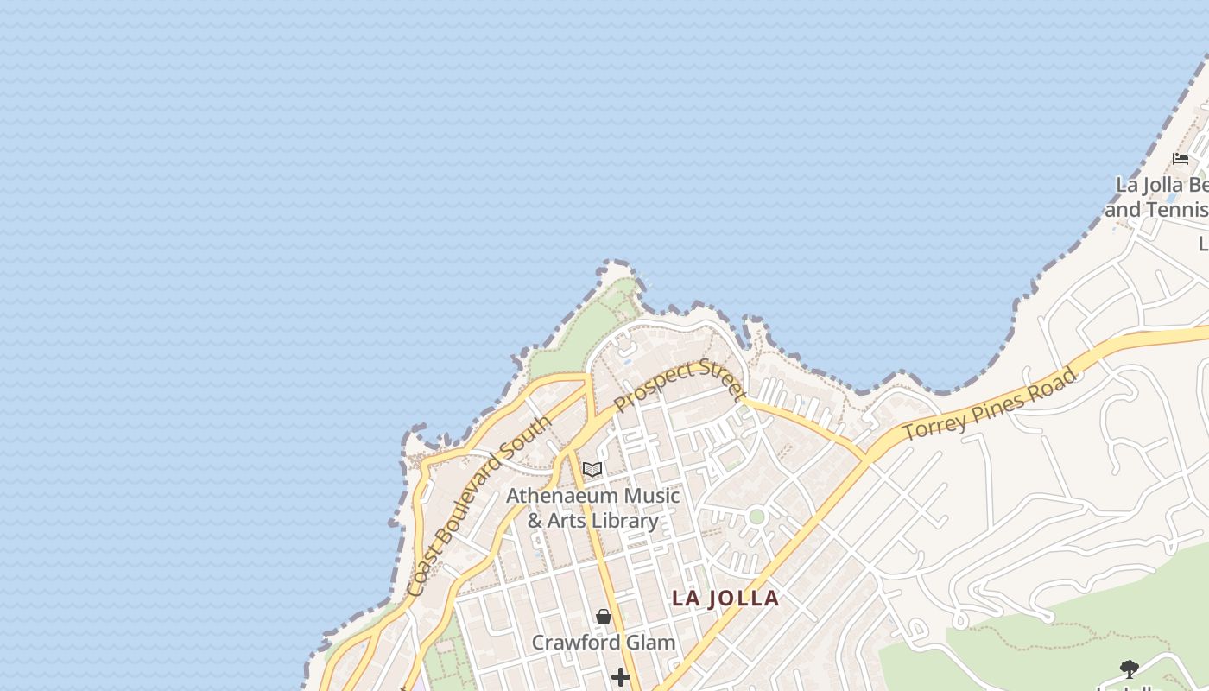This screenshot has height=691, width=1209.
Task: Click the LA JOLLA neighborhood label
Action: [x=725, y=599]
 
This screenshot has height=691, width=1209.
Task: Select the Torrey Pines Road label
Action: [x=990, y=404]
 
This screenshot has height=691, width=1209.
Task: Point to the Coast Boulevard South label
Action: [x=478, y=506]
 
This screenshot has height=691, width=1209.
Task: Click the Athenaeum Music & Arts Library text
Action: [x=592, y=508]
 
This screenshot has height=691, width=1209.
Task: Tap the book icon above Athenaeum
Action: [x=592, y=470]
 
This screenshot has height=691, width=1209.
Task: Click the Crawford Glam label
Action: [x=603, y=643]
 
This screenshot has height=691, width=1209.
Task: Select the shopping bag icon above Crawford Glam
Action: [x=604, y=617]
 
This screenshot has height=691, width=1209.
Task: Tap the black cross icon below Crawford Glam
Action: [x=620, y=677]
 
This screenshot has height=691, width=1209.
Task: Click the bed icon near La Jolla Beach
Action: [x=1181, y=158]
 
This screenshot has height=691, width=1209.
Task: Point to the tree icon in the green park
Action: [x=1129, y=668]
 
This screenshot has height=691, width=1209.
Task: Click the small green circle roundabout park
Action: [x=756, y=517]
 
